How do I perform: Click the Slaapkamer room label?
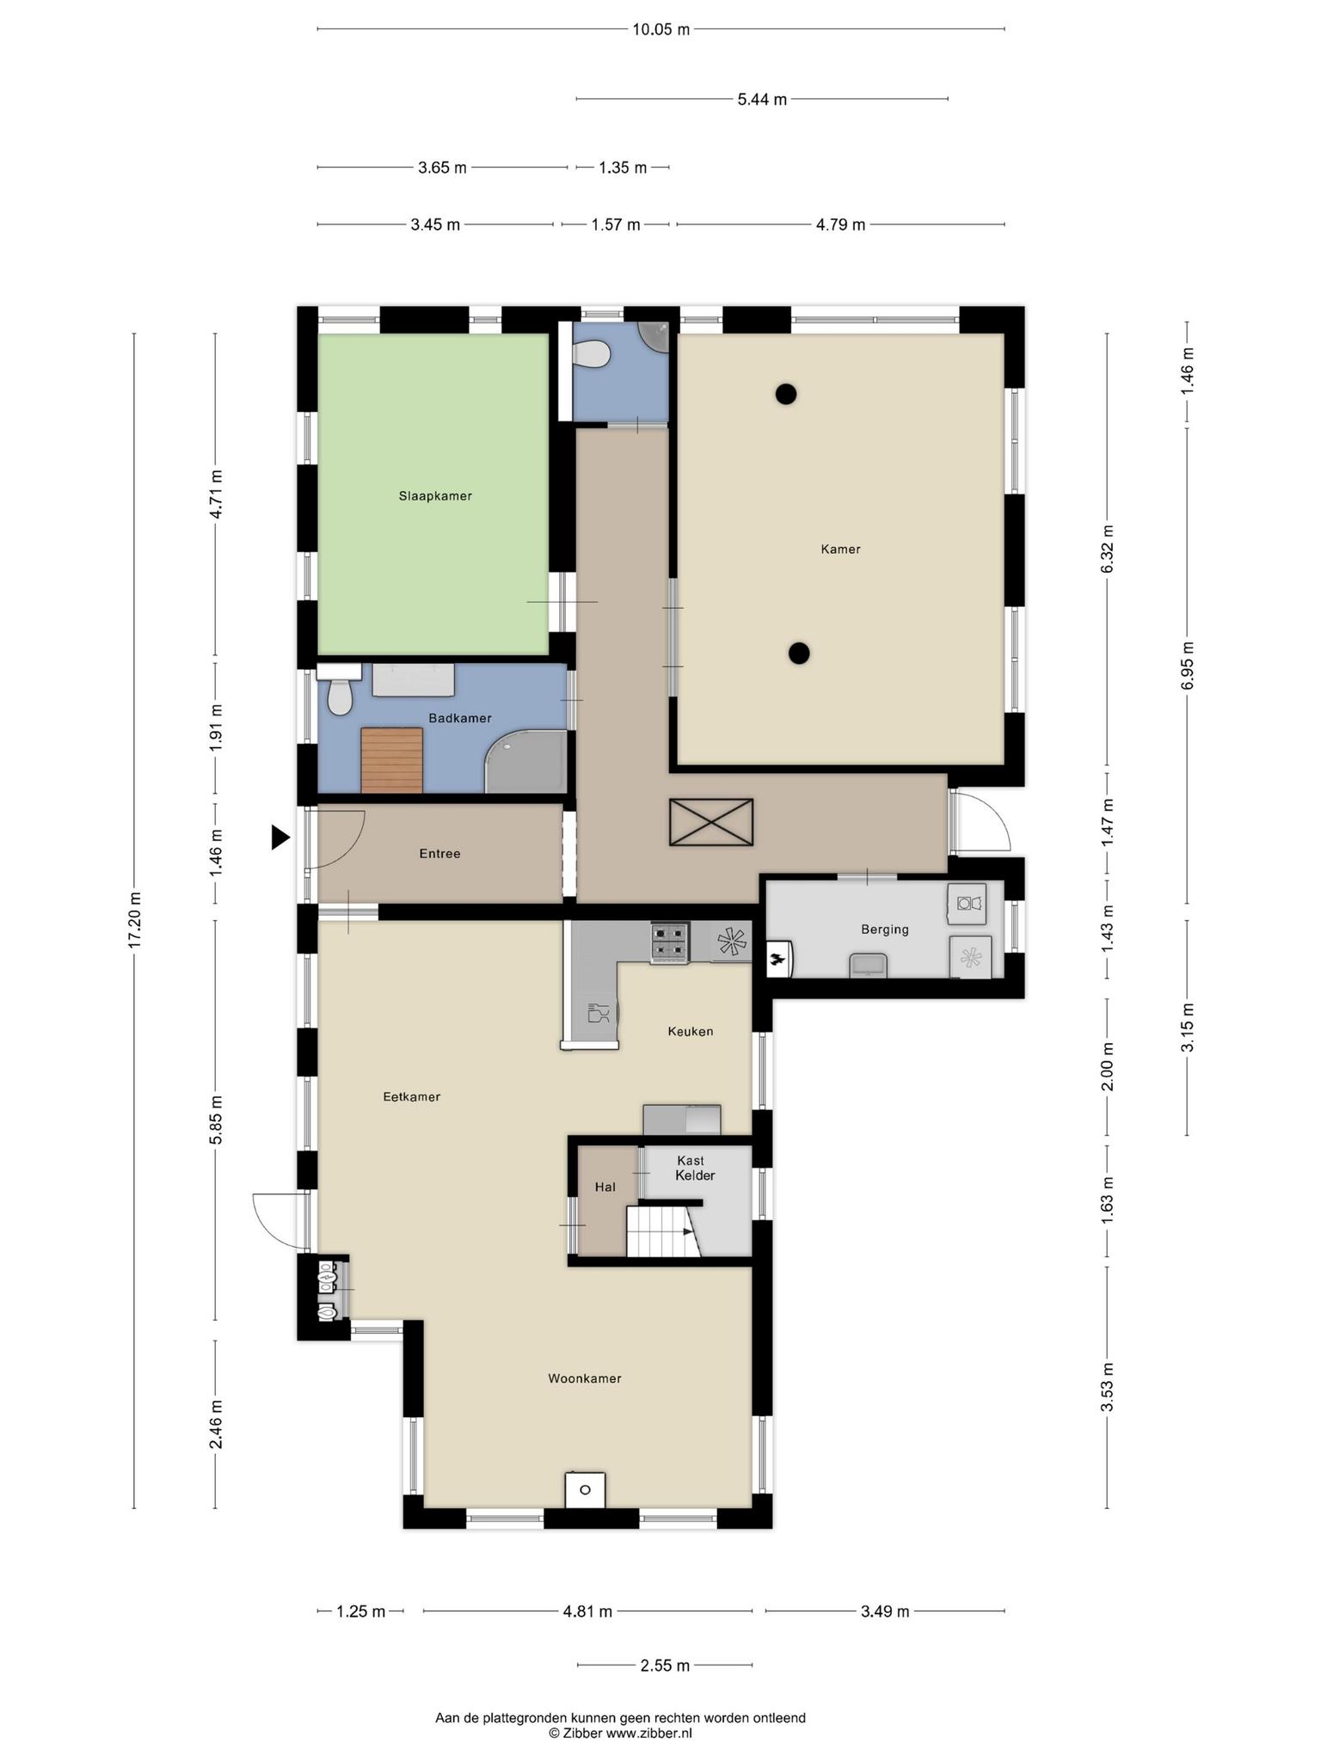[435, 496]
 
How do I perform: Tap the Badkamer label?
[460, 718]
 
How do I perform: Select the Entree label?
[439, 854]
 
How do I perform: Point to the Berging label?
[885, 930]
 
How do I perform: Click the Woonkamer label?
[585, 1378]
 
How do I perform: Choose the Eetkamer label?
[412, 1096]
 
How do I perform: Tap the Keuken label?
[691, 1031]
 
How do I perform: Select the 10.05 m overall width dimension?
[661, 29]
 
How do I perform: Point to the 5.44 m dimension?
[762, 99]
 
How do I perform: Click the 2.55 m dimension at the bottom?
[665, 1666]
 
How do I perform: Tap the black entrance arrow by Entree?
[280, 837]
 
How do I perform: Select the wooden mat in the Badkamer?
[392, 760]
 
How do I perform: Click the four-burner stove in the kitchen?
[670, 942]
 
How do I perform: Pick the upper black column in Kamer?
[785, 394]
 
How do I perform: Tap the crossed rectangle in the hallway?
[711, 823]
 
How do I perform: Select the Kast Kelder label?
[693, 1168]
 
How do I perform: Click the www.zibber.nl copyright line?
[620, 1733]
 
